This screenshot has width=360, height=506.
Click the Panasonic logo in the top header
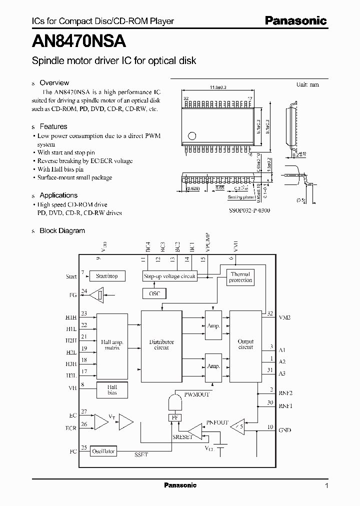tap(295, 20)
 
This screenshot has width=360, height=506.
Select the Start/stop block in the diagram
tap(106, 275)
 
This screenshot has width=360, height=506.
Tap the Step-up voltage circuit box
tap(170, 275)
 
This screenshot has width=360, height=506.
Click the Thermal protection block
tap(240, 277)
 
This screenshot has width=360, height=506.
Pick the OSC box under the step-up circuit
tap(154, 293)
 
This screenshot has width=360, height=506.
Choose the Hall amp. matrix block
tap(112, 345)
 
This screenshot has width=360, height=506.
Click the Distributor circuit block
tap(161, 345)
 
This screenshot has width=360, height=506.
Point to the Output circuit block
tap(245, 344)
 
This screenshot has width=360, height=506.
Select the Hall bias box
tap(112, 390)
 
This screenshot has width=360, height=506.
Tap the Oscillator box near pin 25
tap(103, 451)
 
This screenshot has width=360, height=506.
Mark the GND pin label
tap(285, 430)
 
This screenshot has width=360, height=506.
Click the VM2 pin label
tap(284, 317)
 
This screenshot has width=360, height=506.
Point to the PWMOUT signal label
tap(196, 394)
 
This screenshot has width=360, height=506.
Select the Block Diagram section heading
tap(62, 230)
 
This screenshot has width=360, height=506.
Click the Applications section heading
tap(58, 195)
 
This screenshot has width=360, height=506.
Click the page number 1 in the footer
tap(326, 486)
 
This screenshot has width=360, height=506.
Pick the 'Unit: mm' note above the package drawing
tap(307, 84)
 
